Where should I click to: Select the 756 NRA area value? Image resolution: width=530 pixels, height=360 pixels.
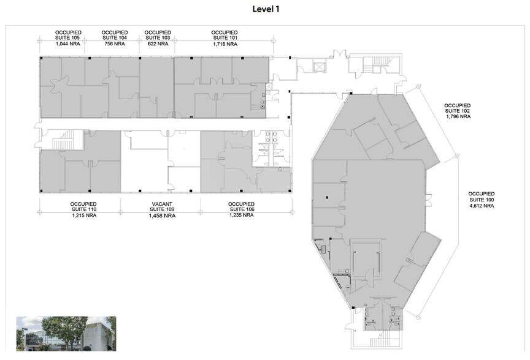pos(115,44)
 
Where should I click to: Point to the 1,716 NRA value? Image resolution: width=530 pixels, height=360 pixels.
pos(224,44)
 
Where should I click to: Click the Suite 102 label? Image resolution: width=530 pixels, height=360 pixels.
pos(457,110)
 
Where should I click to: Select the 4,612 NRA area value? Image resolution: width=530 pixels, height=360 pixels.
pos(481,206)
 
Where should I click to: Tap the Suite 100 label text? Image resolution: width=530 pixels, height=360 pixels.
pos(481,200)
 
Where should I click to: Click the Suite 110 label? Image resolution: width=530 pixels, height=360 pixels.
pos(83,209)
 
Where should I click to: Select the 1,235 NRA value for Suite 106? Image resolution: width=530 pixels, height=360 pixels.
pos(241,216)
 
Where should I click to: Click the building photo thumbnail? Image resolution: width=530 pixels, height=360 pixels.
pos(66,334)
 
